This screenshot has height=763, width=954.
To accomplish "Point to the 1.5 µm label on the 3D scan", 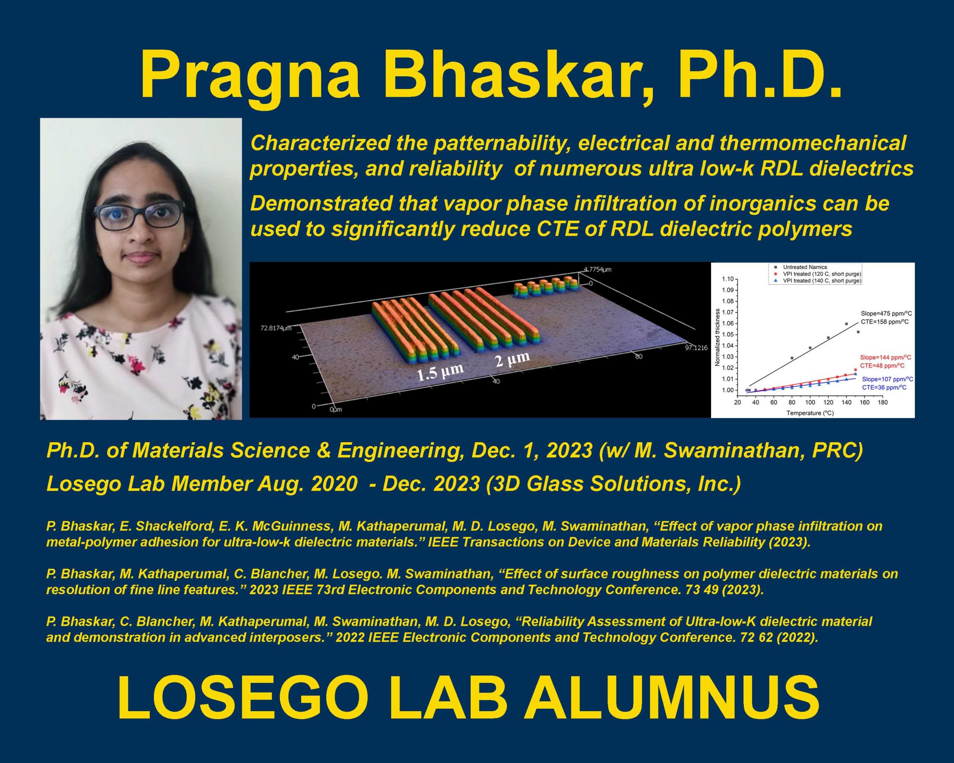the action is click(x=440, y=371).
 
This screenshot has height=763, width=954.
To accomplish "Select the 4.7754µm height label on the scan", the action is click(x=597, y=269).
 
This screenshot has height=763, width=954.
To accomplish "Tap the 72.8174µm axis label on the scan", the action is click(x=276, y=328).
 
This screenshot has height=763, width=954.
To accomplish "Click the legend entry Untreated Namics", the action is click(x=805, y=267).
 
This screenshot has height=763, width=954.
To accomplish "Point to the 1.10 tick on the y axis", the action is click(x=728, y=279).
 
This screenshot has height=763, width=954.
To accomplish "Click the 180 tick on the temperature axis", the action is click(x=883, y=402).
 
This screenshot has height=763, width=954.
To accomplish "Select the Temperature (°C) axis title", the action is click(x=810, y=413).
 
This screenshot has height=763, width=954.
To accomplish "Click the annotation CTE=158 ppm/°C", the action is click(x=885, y=322).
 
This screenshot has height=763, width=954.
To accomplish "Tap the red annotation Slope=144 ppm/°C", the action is click(x=885, y=357).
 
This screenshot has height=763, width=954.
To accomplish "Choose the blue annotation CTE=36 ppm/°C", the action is click(x=884, y=387).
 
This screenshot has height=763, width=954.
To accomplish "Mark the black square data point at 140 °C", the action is click(x=846, y=324).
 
